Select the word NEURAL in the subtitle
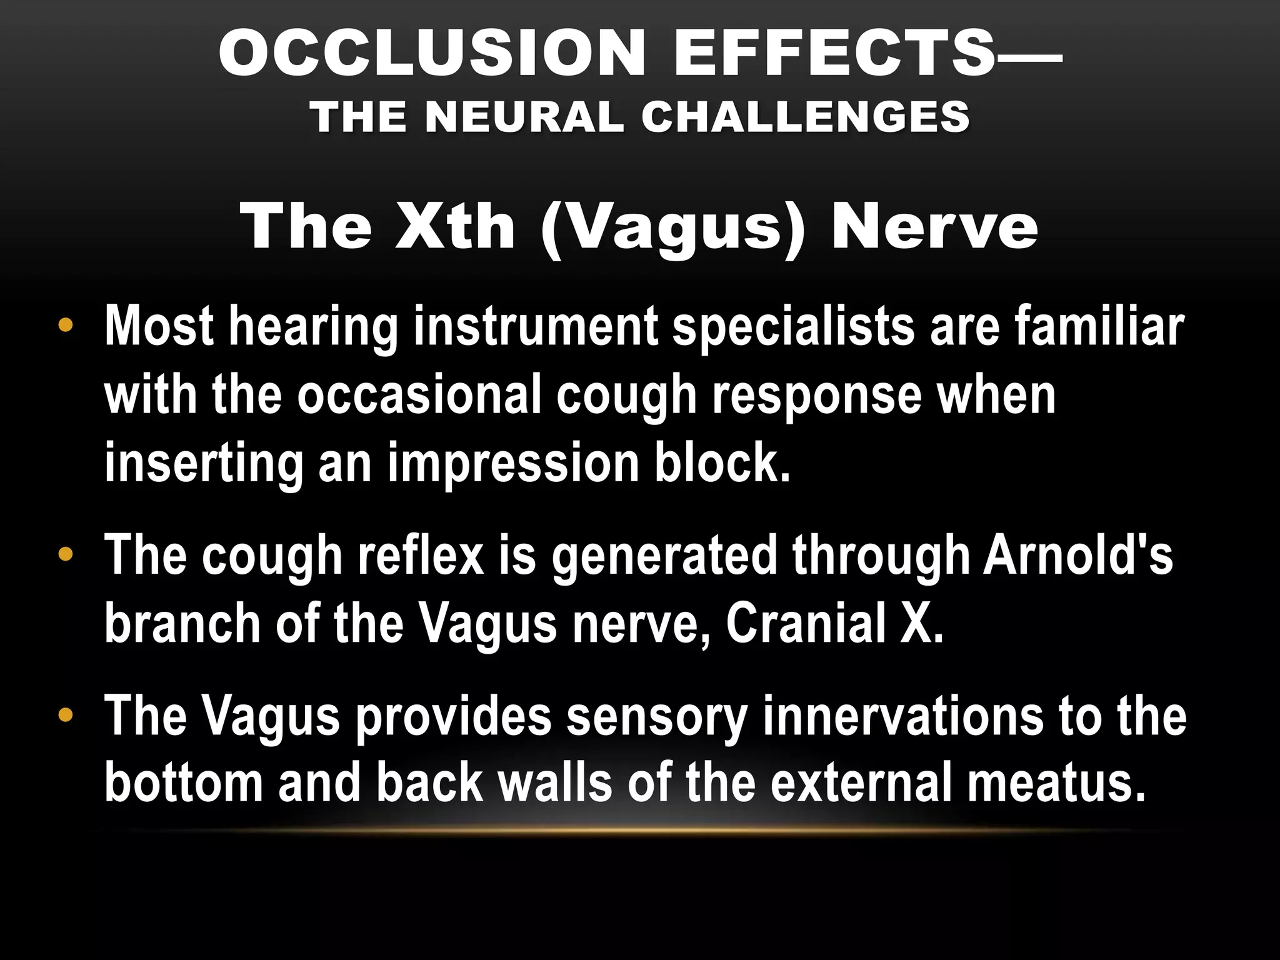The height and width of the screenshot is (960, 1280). click(x=526, y=117)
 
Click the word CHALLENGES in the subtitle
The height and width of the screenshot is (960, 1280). click(x=806, y=117)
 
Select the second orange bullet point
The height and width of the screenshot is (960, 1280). click(x=64, y=554)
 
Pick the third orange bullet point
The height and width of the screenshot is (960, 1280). click(x=64, y=715)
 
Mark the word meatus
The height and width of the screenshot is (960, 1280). click(x=1056, y=784)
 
